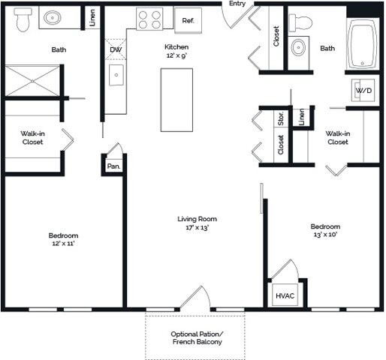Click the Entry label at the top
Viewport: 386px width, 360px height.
[237, 4]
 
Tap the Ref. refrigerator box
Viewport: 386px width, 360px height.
[188, 20]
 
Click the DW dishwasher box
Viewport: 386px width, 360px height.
[115, 50]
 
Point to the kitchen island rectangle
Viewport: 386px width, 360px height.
[176, 99]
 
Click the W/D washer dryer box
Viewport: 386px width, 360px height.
[363, 90]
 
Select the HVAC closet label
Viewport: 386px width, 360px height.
[285, 295]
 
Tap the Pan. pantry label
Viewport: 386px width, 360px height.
[113, 166]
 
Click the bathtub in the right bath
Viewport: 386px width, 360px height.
[364, 46]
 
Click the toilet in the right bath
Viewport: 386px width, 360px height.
[303, 22]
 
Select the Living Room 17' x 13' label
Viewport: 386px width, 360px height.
[197, 223]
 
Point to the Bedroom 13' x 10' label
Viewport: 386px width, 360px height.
[325, 230]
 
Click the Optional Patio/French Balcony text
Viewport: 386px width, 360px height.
[197, 337]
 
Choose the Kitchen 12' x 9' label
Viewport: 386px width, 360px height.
[177, 51]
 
